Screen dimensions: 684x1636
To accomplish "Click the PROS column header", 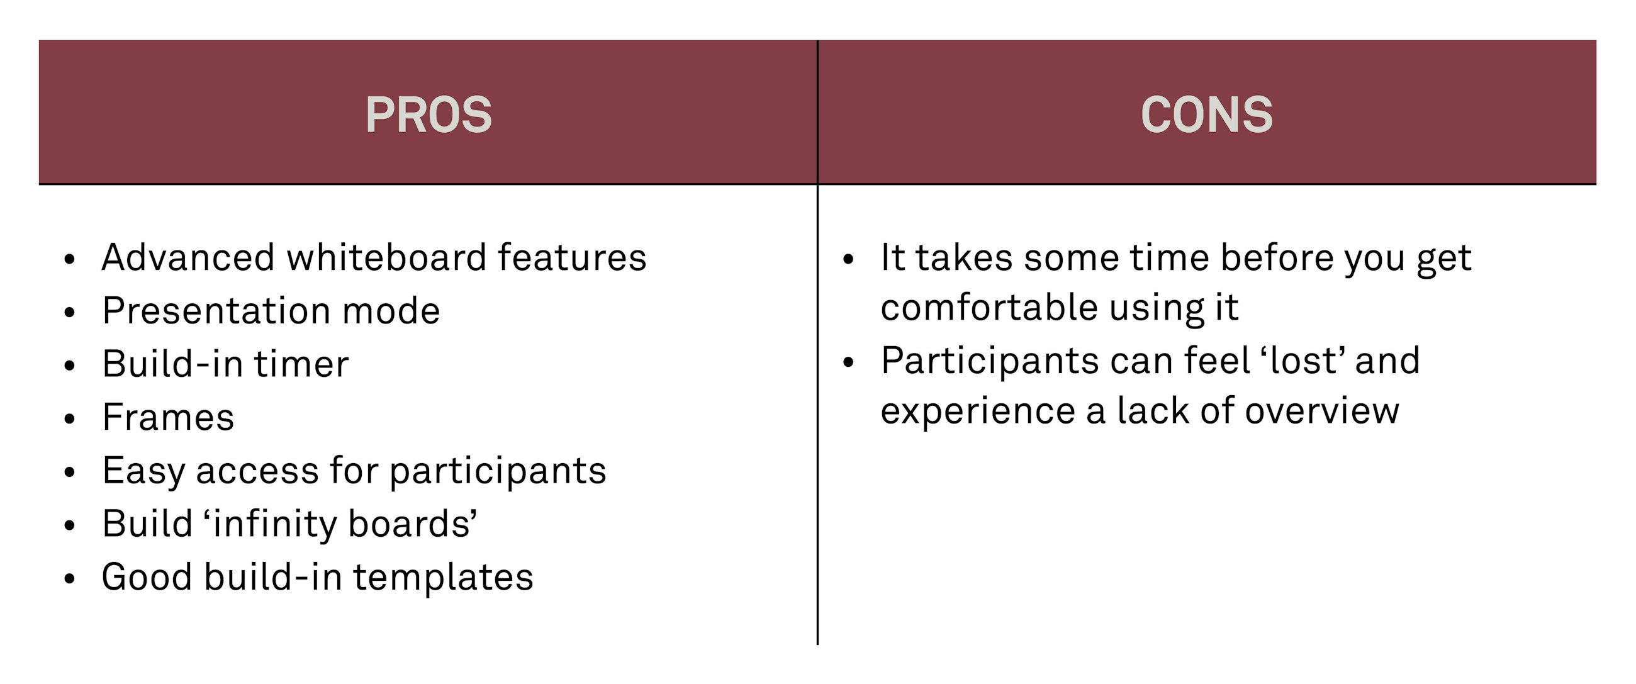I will point(428,115).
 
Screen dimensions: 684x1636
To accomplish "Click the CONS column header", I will point(1206,115).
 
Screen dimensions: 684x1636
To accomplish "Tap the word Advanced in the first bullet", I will point(188,258).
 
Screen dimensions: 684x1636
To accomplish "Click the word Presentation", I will point(216,311).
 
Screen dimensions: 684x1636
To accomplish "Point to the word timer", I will point(301,364).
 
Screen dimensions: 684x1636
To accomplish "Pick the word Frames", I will point(168,418).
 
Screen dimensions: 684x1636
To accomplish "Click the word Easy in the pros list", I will point(143,471).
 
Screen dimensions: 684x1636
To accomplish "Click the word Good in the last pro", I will point(147,578).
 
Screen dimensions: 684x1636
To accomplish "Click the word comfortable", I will point(989,308).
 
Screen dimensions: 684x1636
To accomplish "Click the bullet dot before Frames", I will point(70,418).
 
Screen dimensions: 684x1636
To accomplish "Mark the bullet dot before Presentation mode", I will point(70,312).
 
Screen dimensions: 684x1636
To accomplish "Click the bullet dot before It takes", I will point(848,259).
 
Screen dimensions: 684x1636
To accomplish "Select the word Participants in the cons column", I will point(990,362).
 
